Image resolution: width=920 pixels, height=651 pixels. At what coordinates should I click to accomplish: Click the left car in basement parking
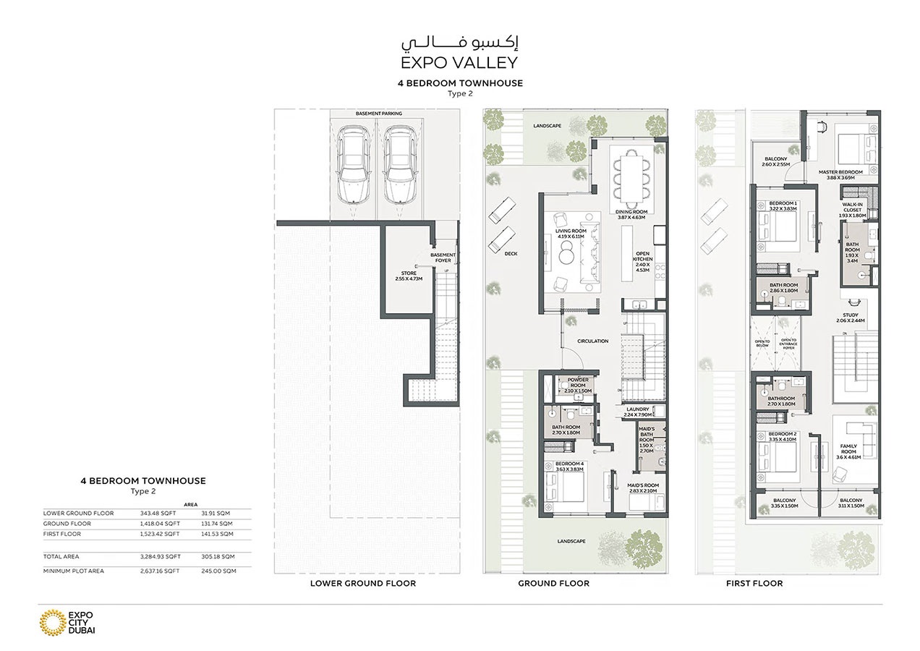click(x=352, y=166)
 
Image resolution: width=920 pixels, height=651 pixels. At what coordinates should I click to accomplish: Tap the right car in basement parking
click(x=399, y=166)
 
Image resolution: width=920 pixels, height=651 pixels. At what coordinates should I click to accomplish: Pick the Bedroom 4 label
click(x=568, y=466)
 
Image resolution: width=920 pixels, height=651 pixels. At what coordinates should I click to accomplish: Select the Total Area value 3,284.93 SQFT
click(x=160, y=557)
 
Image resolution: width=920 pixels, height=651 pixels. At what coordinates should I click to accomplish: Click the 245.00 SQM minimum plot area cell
click(x=218, y=571)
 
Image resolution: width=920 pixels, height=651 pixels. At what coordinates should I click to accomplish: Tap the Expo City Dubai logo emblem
click(x=51, y=623)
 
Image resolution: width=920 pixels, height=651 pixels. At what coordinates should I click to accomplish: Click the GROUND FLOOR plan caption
click(x=553, y=583)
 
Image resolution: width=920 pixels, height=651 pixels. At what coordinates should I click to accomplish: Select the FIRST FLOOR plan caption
click(x=754, y=583)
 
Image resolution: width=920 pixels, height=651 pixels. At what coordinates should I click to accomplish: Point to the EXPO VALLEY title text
click(x=459, y=62)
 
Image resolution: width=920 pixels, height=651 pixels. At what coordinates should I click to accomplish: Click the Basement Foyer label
click(x=443, y=258)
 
